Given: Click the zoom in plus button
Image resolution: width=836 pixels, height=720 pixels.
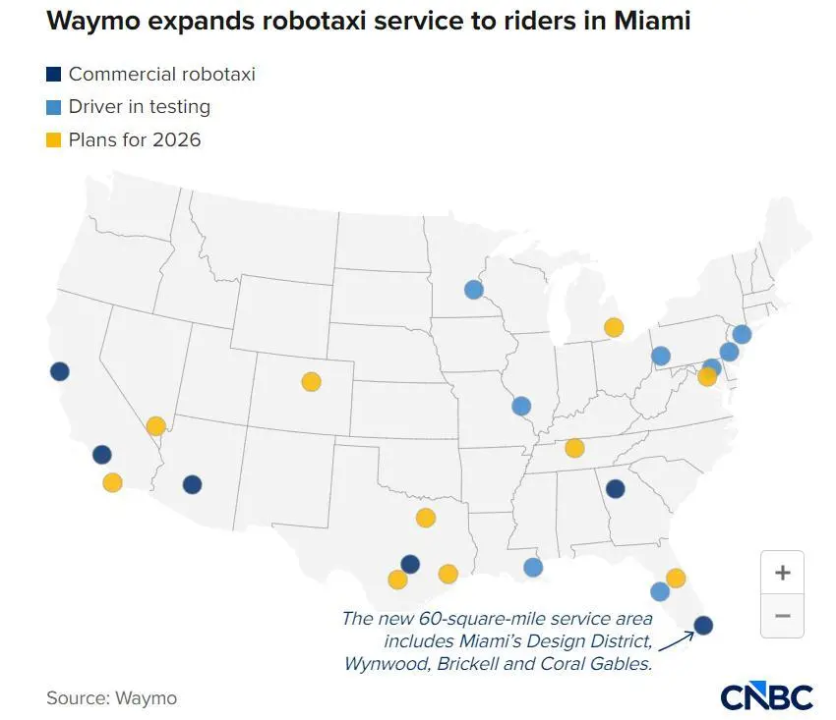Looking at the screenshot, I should pos(783,573).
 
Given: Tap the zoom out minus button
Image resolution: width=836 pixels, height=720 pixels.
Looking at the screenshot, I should pos(783,616).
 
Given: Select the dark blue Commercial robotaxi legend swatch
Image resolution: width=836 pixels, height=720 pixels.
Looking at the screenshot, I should pos(54,74).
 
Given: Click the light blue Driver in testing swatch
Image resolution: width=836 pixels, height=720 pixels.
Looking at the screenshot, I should pos(54,107).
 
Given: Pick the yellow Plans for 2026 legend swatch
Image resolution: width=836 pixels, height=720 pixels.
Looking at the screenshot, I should pos(54,139).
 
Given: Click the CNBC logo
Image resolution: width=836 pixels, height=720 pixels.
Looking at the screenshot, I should pos(766,695).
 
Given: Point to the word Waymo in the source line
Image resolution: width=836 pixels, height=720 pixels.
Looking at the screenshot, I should pos(146,698).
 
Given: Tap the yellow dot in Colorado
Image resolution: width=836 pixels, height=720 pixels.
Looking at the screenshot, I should pos(311,381).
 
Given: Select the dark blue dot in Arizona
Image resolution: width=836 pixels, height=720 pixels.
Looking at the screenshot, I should pos(192,484).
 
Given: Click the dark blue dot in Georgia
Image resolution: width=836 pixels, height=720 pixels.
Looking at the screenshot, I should pos(616,488).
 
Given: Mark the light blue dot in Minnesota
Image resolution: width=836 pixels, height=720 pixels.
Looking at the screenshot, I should pos(474,290).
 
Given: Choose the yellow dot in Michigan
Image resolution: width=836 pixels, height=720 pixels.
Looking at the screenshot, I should pos(614,327).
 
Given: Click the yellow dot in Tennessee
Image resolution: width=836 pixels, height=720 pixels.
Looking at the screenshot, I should pos(574,448).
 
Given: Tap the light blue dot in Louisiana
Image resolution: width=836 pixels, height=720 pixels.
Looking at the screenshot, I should pos(533,567).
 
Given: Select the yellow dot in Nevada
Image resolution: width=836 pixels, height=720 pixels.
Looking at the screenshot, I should pos(155,426).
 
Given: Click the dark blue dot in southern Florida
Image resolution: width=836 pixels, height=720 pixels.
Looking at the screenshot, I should pos(703,625).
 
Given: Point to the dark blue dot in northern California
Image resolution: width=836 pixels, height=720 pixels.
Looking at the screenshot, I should pos(60,371).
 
